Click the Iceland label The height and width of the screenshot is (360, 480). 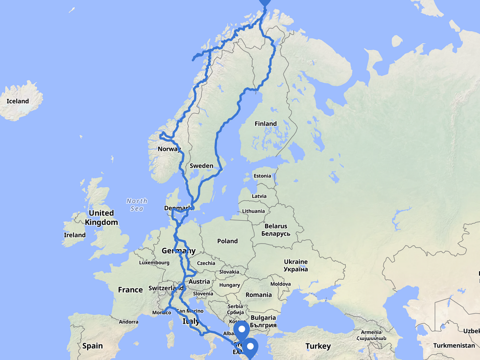[x=18, y=101]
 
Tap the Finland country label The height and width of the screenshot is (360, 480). [x=265, y=124]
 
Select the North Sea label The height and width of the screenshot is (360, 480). [x=137, y=205]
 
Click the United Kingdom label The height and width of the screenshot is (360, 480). [x=101, y=217]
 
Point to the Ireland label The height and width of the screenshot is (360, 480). [x=74, y=235]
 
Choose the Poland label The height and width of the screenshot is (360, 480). [x=227, y=241]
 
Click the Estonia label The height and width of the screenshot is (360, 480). [x=262, y=176]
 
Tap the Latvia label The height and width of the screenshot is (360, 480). [x=259, y=196]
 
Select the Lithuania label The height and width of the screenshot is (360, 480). [x=254, y=211]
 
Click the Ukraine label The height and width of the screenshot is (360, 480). [x=296, y=265]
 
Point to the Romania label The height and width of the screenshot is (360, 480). [x=259, y=295]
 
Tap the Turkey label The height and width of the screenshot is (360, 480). [x=318, y=346]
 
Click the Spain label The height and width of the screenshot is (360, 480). [x=93, y=346]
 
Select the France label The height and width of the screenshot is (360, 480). [x=130, y=290]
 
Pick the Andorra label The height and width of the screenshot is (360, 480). [x=128, y=322]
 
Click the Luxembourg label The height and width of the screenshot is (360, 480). [x=154, y=263]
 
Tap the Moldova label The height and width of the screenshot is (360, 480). [x=280, y=284]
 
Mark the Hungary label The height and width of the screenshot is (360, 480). [x=230, y=285]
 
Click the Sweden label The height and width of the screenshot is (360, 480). [x=201, y=166]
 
